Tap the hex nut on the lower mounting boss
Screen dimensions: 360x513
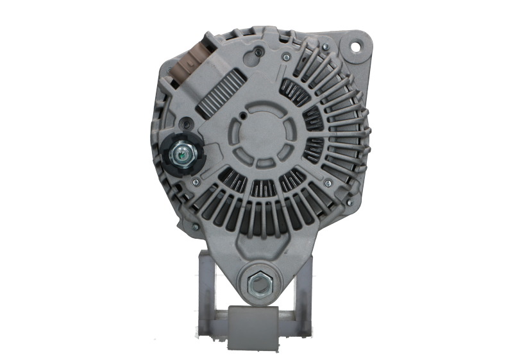tap(259, 283)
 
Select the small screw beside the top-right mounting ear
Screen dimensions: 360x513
tap(326, 47)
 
